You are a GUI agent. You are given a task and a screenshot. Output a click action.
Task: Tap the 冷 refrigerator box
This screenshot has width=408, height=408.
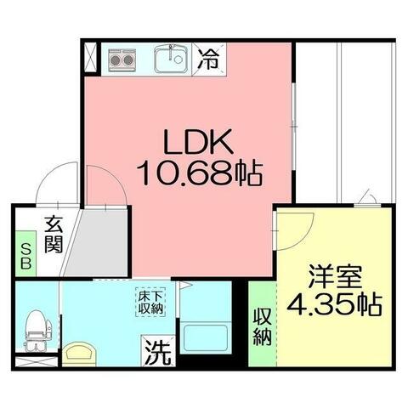(207, 60)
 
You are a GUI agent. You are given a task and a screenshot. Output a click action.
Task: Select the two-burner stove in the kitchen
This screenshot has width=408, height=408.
(122, 60)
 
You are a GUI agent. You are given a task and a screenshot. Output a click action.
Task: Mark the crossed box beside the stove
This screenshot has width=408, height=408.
(91, 59)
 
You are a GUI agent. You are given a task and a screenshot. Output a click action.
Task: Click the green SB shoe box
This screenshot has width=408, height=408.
(25, 254)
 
